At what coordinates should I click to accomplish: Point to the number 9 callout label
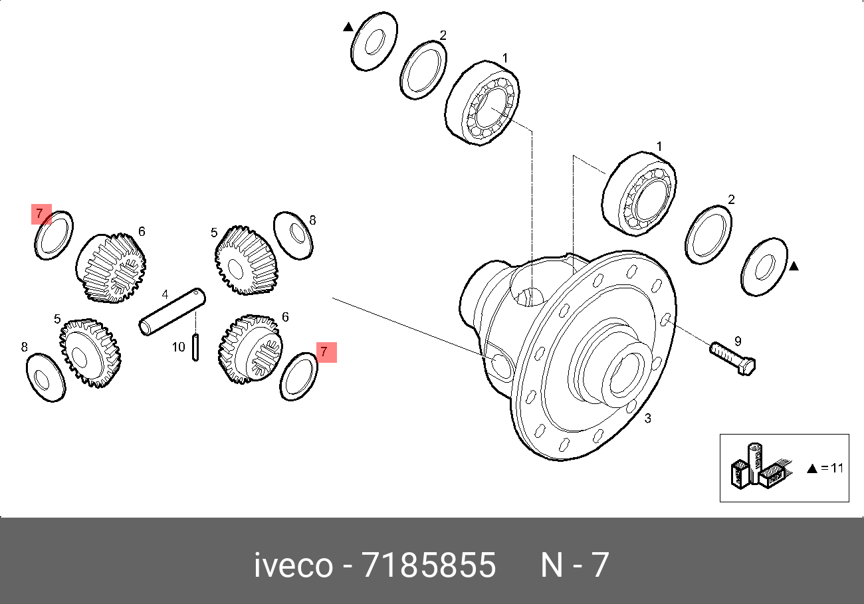737,342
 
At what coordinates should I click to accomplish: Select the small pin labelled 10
195,347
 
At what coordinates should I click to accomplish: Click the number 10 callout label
179,347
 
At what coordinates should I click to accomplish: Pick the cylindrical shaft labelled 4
172,310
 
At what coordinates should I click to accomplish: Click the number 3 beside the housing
648,418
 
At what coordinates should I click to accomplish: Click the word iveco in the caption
293,565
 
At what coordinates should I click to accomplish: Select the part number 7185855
429,565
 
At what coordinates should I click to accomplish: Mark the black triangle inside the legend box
811,468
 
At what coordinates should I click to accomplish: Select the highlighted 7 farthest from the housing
41,214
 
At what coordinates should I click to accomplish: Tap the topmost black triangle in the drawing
348,27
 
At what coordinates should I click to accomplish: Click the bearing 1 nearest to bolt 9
639,194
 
